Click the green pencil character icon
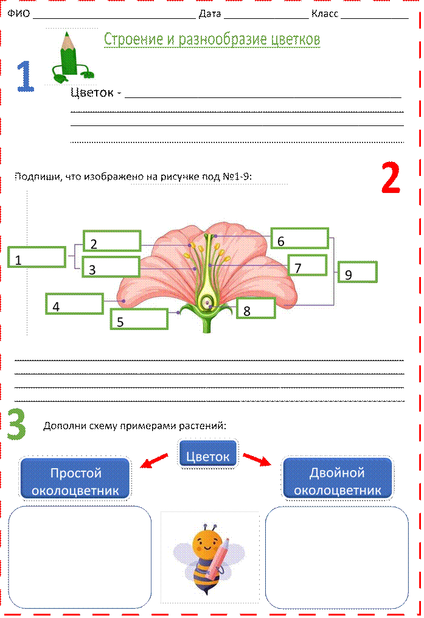[71, 56]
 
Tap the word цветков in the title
[294, 40]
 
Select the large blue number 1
[25, 77]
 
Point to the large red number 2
[390, 178]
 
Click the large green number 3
[17, 424]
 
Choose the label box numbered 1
[36, 257]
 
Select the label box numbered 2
[112, 241]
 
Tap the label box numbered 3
[110, 267]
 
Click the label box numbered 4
[74, 303]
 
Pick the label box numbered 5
[138, 318]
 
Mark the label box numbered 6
[299, 238]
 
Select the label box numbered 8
[255, 308]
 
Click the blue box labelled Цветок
[207, 454]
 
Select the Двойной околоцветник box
[337, 478]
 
